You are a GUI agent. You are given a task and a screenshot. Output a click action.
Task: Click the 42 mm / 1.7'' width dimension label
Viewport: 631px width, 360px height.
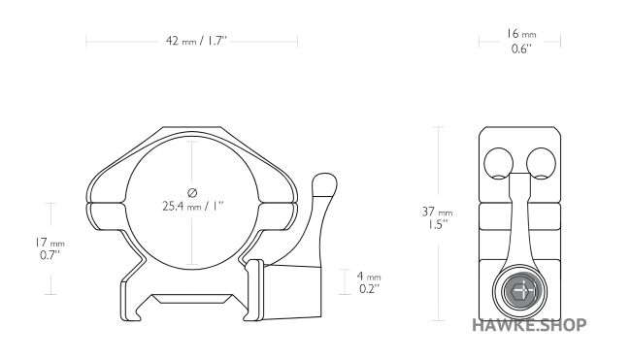[196, 41]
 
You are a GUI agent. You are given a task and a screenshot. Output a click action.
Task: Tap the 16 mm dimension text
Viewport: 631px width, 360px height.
[521, 34]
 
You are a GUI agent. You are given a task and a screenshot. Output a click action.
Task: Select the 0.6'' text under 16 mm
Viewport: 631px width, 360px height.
[521, 49]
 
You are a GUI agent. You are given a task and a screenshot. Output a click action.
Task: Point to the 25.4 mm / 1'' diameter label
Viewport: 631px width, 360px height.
[193, 207]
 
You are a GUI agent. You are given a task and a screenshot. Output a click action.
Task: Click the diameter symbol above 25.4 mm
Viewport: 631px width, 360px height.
[192, 193]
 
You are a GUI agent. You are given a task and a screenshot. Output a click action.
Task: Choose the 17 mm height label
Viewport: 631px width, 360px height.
[50, 243]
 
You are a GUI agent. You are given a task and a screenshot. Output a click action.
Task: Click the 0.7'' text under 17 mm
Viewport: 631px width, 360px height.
[50, 255]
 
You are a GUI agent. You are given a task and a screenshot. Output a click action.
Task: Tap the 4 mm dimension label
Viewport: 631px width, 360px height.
[369, 277]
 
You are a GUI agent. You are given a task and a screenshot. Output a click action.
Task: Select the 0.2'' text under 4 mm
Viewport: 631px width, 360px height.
[370, 289]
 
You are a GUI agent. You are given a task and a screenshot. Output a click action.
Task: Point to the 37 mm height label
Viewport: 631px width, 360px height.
[437, 212]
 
